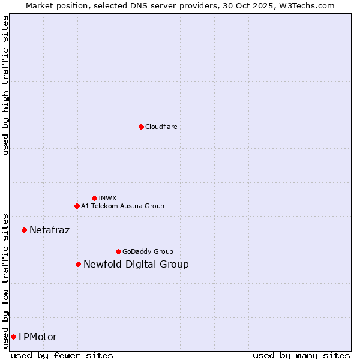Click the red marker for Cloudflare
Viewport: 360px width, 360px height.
(141, 127)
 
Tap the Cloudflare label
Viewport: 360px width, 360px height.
(161, 127)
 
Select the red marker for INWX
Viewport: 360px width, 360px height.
(94, 198)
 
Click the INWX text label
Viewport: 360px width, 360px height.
(107, 198)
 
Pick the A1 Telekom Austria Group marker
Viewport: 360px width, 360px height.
(77, 206)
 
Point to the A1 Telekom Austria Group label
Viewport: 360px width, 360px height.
(122, 206)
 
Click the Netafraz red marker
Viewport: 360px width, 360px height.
(25, 230)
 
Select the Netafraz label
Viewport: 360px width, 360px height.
(49, 230)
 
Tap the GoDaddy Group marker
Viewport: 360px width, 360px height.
(118, 251)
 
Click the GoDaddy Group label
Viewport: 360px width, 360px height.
(147, 251)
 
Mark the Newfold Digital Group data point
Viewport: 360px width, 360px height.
(78, 264)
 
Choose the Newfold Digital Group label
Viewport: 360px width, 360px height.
(136, 264)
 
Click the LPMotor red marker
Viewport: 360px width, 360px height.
(13, 337)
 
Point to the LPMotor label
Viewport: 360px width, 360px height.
(38, 337)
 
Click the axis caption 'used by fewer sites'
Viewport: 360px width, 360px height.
(62, 355)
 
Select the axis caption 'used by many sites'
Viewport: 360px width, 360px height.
(301, 355)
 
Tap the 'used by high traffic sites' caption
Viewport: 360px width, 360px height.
(5, 85)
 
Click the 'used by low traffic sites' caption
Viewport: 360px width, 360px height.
(5, 280)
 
